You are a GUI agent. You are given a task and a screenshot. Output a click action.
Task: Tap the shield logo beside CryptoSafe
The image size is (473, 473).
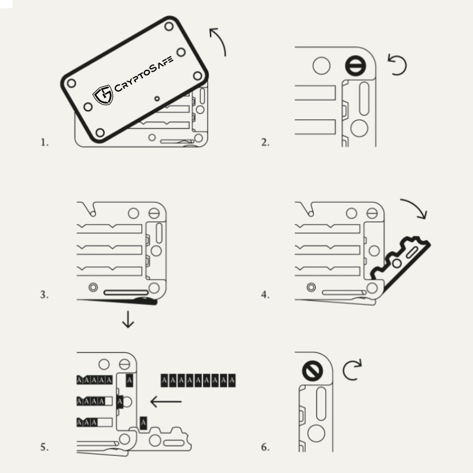click(x=103, y=95)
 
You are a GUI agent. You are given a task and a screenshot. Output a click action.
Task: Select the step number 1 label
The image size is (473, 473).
click(x=44, y=142)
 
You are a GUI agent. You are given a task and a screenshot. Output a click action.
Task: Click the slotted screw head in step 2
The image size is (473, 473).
click(x=354, y=66)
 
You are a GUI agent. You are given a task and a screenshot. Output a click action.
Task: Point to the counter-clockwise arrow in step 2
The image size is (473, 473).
click(x=397, y=64)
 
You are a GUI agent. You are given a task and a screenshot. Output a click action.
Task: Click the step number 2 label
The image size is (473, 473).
click(x=265, y=142)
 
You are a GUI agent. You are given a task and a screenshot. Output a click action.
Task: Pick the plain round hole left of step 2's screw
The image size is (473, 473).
click(x=322, y=66)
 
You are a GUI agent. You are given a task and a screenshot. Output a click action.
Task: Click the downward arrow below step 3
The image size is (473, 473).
click(x=128, y=321)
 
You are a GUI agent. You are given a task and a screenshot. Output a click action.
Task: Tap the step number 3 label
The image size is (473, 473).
click(x=44, y=294)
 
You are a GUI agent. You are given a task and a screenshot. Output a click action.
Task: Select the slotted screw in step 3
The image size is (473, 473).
click(x=155, y=213)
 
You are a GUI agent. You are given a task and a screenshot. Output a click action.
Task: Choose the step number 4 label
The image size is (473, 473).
click(x=265, y=294)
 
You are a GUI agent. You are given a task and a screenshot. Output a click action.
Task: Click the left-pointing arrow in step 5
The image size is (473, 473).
click(x=166, y=402)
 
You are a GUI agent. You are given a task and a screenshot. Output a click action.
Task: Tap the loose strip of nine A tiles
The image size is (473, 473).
click(x=199, y=380)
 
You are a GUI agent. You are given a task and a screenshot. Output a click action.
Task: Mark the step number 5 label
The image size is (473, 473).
click(x=44, y=447)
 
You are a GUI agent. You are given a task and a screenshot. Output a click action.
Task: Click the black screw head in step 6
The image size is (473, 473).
click(x=311, y=371)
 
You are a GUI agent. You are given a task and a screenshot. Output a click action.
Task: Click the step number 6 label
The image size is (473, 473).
click(x=265, y=447)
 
